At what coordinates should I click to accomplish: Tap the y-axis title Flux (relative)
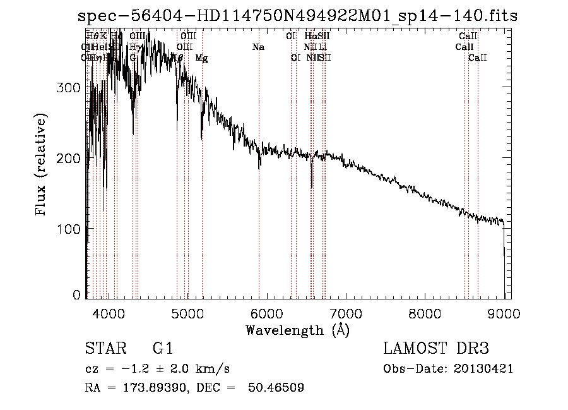pyautogui.click(x=42, y=166)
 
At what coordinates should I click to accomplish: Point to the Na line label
pyautogui.click(x=257, y=47)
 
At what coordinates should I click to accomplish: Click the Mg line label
pyautogui.click(x=201, y=58)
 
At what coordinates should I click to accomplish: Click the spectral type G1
pyautogui.click(x=163, y=349)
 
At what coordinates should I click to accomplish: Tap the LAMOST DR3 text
pyautogui.click(x=436, y=349)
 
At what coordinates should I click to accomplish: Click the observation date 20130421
pyautogui.click(x=483, y=369)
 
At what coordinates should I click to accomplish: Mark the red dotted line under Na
pyautogui.click(x=259, y=190)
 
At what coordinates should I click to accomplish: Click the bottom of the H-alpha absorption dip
pyautogui.click(x=312, y=187)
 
